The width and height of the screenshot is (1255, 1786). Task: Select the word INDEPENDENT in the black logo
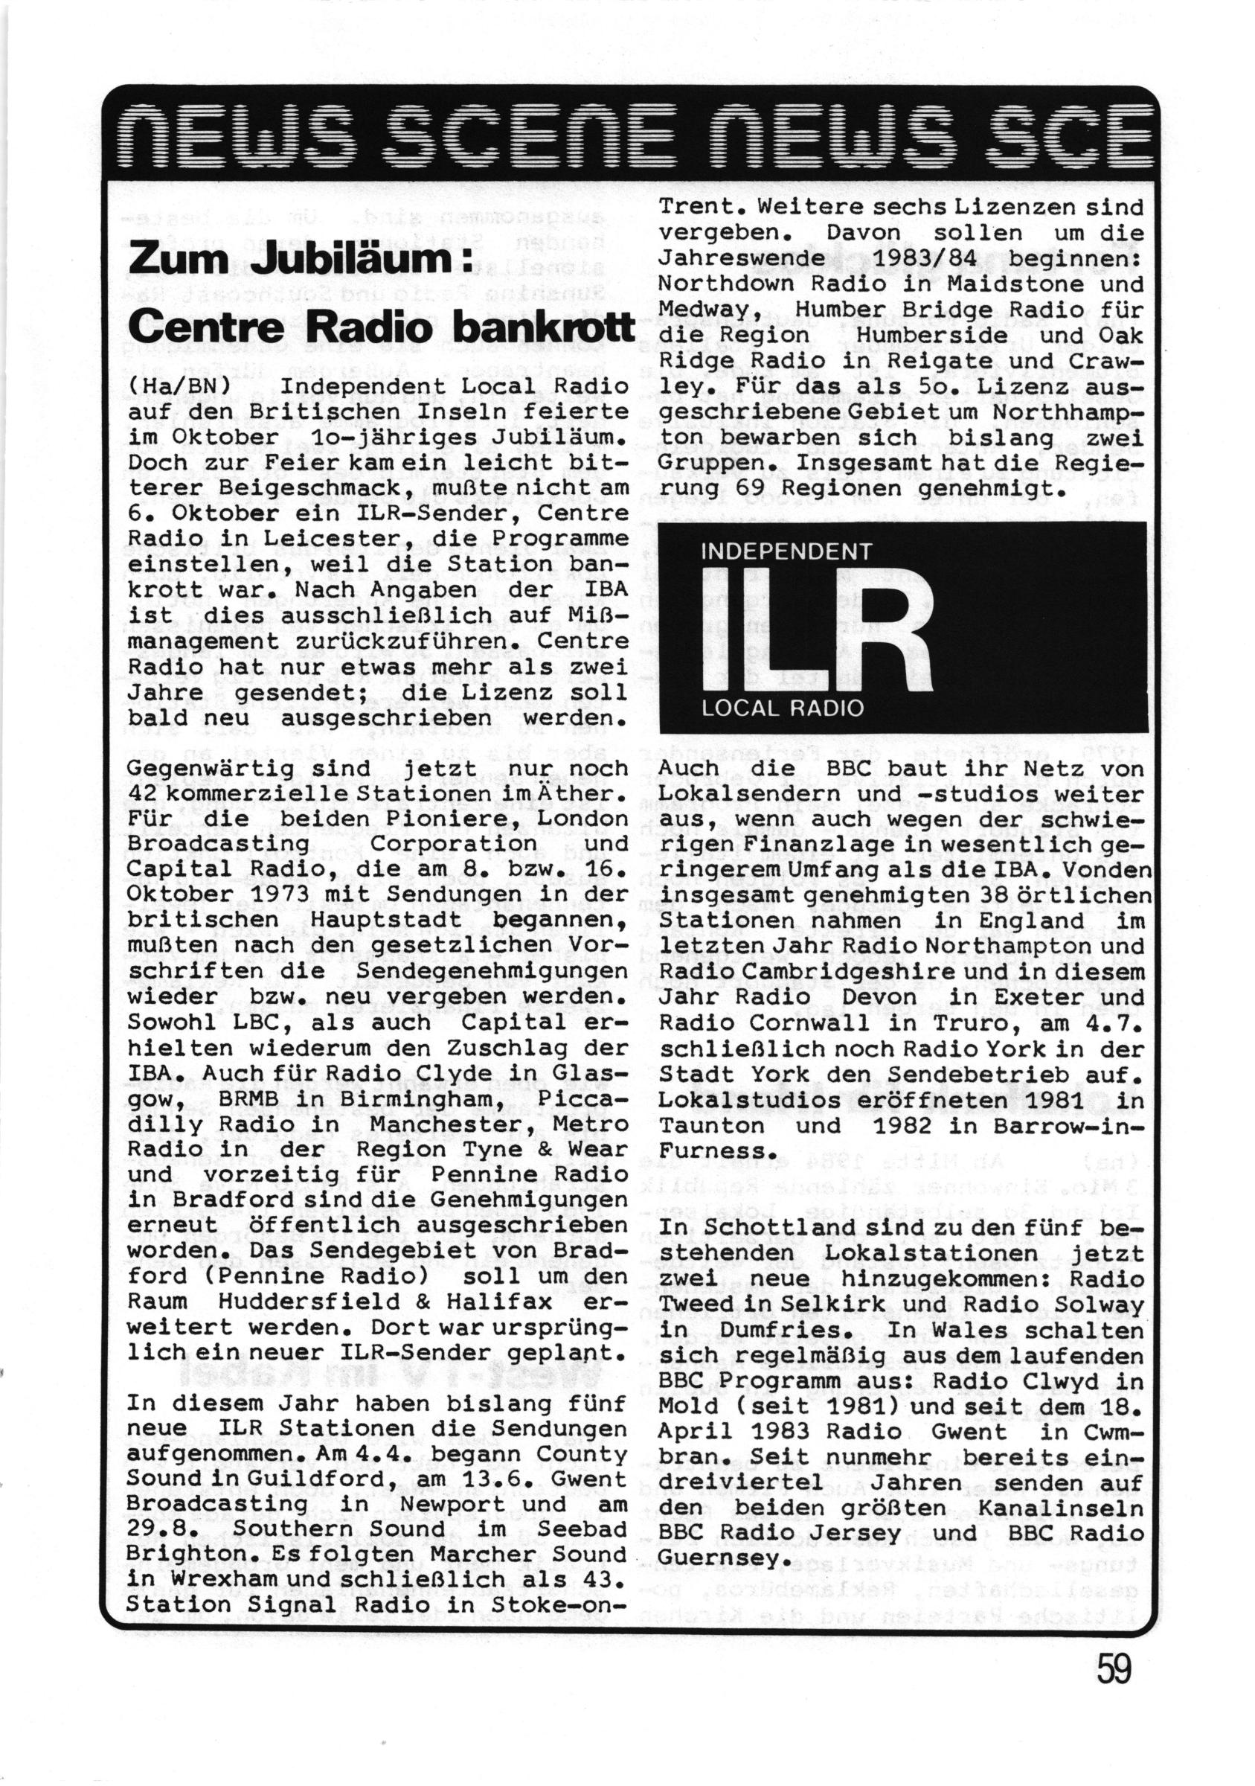pyautogui.click(x=786, y=551)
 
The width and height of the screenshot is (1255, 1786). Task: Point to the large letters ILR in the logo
pyautogui.click(x=815, y=631)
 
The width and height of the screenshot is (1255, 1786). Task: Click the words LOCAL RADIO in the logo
pyautogui.click(x=783, y=708)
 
